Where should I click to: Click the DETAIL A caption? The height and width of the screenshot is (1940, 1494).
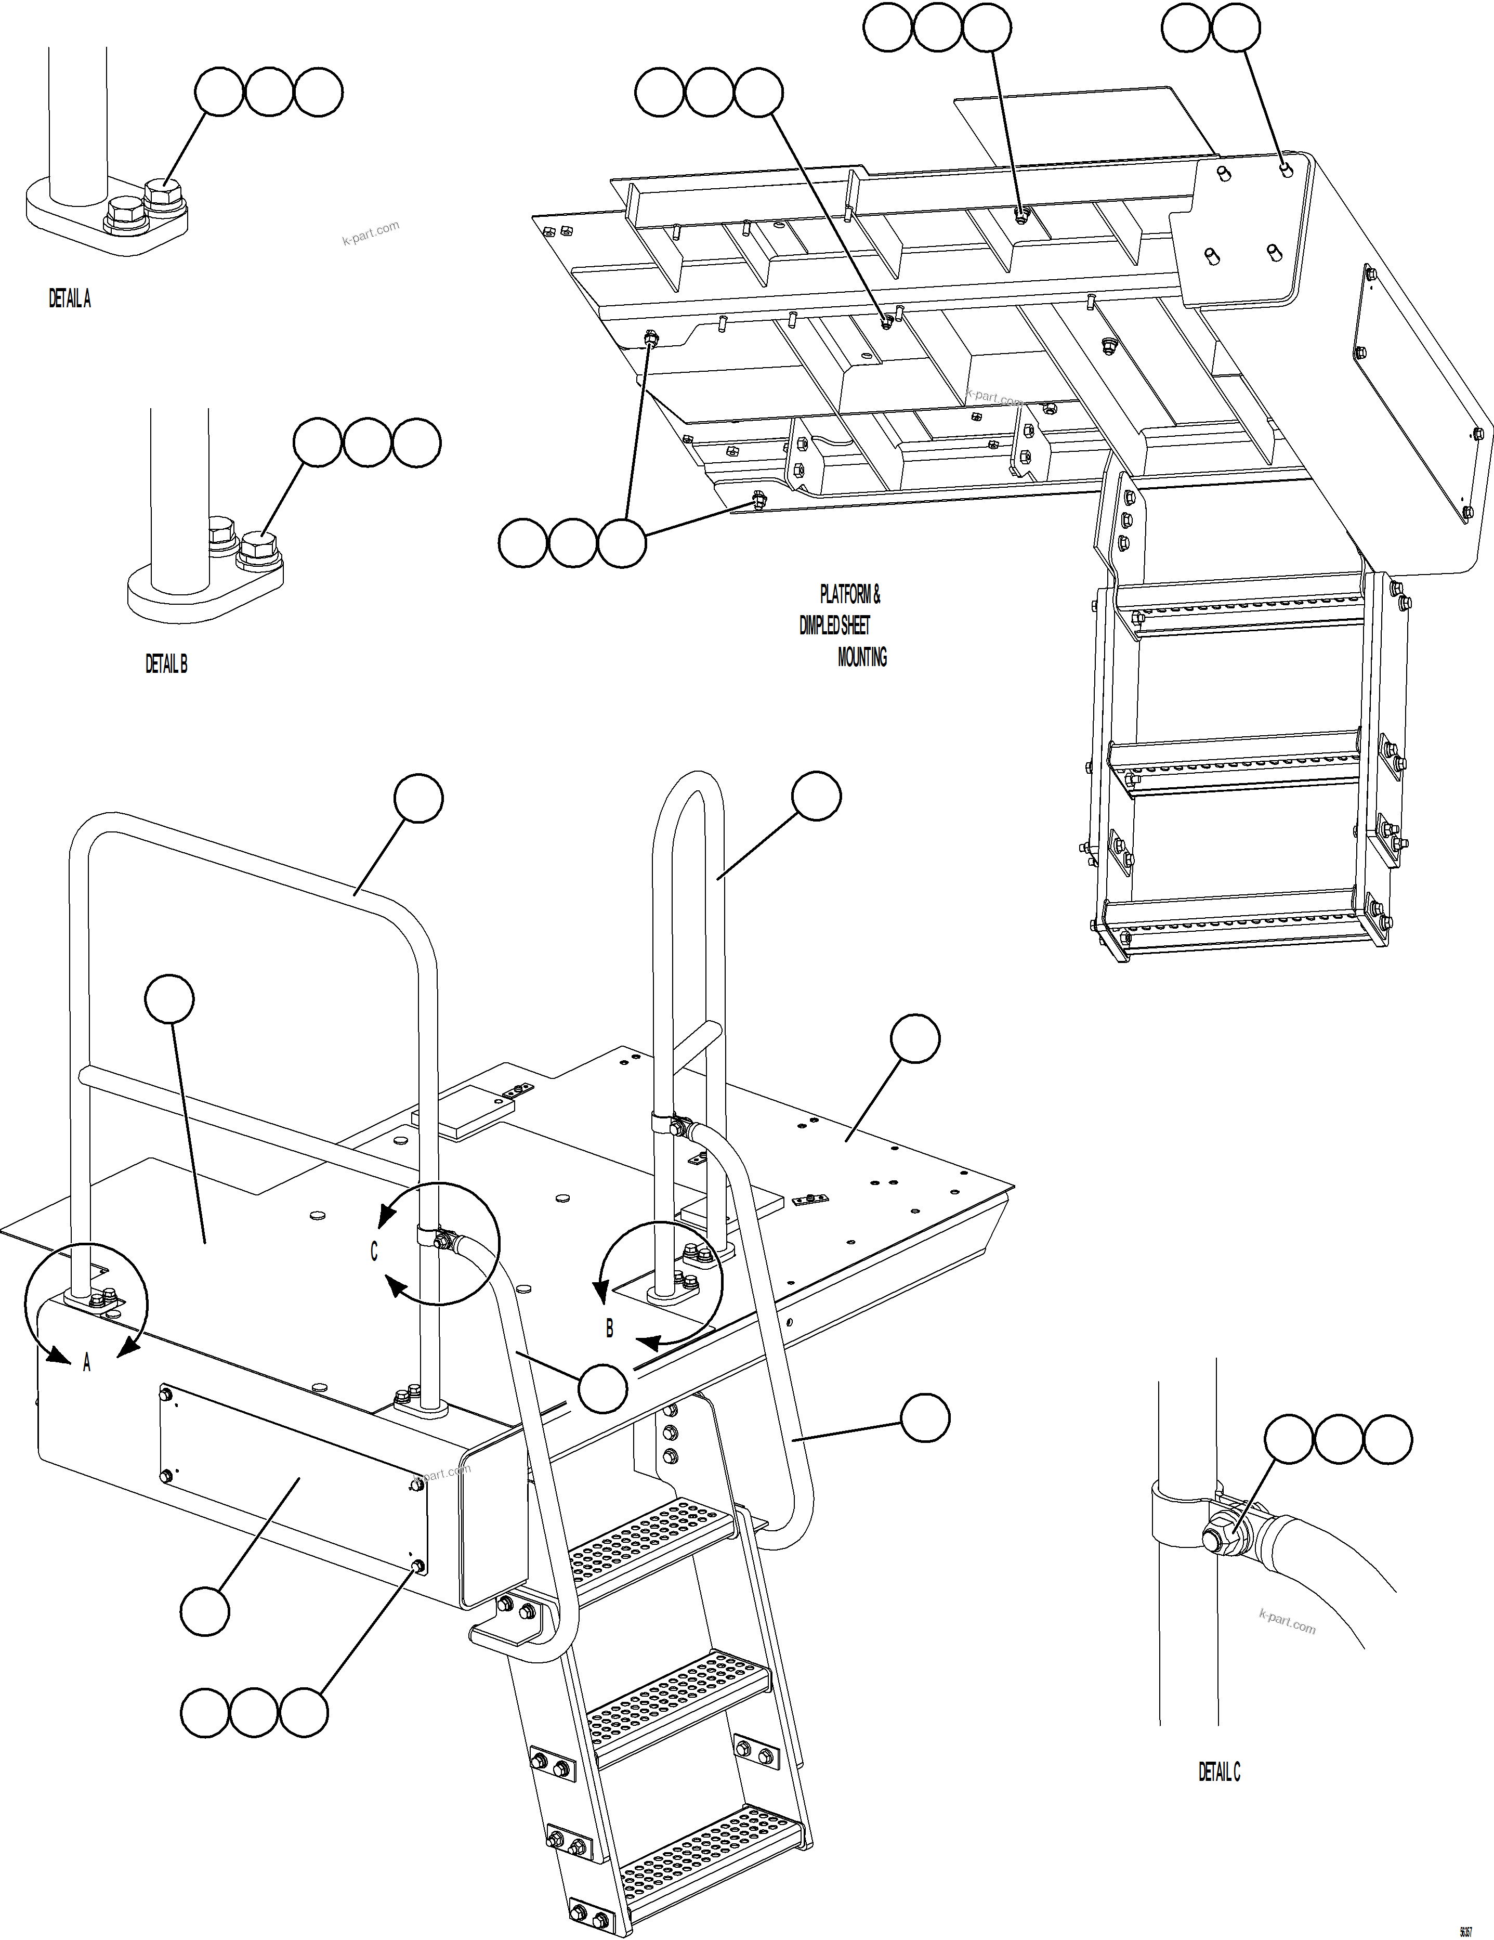(x=69, y=300)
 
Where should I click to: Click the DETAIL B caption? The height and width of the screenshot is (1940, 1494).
(x=166, y=663)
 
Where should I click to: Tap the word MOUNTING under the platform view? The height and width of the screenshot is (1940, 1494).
(x=861, y=657)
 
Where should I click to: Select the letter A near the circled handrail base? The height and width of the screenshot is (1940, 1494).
(x=87, y=1363)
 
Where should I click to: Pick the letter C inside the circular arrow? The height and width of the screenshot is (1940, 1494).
(x=374, y=1251)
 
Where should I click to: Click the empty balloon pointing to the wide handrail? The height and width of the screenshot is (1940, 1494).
(x=418, y=799)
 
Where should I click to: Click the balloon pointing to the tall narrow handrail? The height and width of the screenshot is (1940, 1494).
(x=816, y=796)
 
